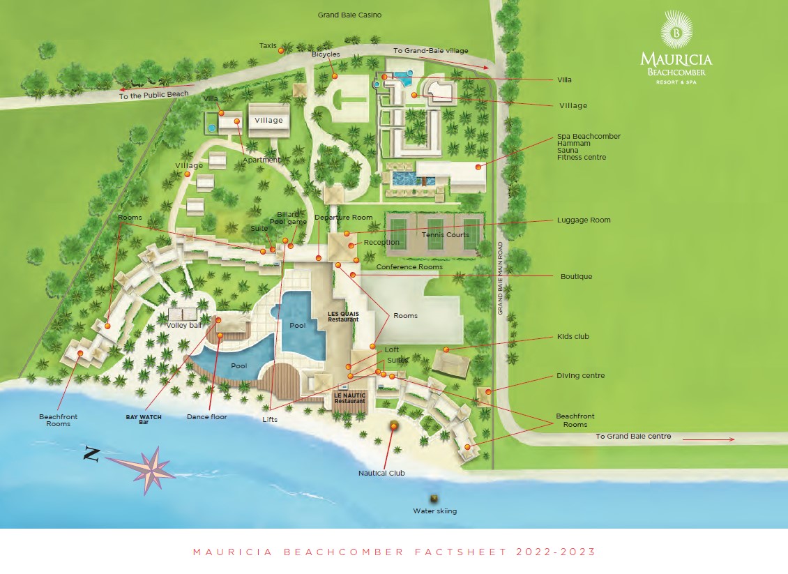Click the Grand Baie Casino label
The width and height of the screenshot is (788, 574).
click(x=349, y=15)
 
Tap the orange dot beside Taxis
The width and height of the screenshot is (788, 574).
click(x=280, y=50)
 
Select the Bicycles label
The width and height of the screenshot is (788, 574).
click(x=326, y=54)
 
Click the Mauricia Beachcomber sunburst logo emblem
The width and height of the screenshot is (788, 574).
click(x=675, y=29)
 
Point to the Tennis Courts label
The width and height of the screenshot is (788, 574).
click(x=445, y=235)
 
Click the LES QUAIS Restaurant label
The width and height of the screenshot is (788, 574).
click(x=343, y=316)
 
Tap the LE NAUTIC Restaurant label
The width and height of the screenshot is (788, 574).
click(x=349, y=398)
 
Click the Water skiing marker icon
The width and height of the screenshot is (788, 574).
click(x=434, y=499)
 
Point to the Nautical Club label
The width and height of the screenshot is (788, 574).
click(x=381, y=473)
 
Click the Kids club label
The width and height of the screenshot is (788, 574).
click(x=573, y=336)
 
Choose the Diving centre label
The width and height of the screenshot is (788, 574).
click(x=580, y=375)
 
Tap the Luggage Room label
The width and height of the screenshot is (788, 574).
click(x=583, y=220)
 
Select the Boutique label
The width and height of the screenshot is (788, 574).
click(x=576, y=276)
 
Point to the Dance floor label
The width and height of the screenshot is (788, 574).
click(x=207, y=417)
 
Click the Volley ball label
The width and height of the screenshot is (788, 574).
click(x=183, y=325)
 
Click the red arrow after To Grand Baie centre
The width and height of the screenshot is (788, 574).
click(x=708, y=439)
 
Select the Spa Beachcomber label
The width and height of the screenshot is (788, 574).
click(x=589, y=136)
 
